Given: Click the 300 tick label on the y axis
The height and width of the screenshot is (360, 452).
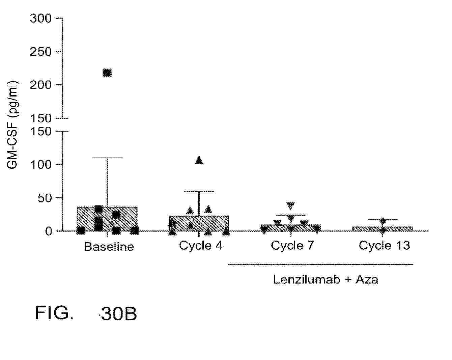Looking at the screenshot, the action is point(40,18).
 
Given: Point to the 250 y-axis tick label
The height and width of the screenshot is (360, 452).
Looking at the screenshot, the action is point(40,52).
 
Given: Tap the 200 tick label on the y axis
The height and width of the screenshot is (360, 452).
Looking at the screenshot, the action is point(40,85).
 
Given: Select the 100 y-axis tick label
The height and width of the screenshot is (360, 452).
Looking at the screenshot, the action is point(40,164).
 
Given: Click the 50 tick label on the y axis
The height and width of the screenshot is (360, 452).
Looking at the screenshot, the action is point(45,198).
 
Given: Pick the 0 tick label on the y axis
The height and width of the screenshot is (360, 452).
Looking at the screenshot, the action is point(49,231).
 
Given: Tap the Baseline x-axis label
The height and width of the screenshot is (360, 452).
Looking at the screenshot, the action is point(109,246).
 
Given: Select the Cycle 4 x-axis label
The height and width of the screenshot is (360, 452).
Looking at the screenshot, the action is point(201,246).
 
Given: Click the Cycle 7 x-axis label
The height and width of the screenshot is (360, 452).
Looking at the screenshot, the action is point(292,246).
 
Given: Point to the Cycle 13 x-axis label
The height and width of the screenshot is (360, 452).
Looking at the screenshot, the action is point(384,246).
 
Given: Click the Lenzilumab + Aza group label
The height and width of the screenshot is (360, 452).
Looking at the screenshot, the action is point(326,279).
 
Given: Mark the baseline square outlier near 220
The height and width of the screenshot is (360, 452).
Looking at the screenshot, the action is point(107,73).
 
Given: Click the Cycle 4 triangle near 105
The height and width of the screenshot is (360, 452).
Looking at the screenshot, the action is point(199,160).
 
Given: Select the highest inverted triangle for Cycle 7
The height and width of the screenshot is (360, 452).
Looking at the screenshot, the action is point(291,205).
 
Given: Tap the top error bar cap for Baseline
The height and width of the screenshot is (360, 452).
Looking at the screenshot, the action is point(107,158).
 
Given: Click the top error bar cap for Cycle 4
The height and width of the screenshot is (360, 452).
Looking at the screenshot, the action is point(199,191).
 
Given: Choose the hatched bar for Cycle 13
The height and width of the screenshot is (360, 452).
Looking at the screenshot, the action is point(383,229).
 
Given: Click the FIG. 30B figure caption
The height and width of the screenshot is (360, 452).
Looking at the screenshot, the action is point(86,313).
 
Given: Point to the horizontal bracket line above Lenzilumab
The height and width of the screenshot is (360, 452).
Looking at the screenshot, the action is point(320,265).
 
